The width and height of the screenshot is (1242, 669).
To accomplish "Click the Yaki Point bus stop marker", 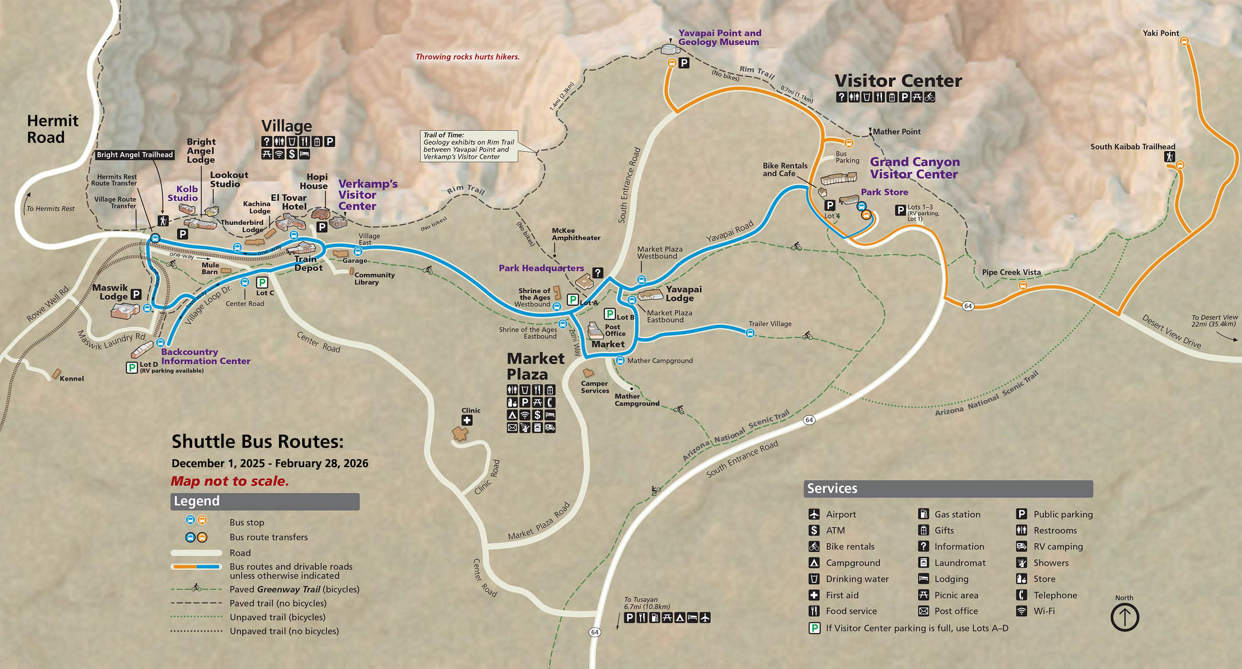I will click(1183, 41).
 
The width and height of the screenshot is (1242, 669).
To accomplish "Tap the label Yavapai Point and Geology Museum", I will click(720, 38).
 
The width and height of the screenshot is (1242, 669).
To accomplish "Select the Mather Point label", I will click(896, 132).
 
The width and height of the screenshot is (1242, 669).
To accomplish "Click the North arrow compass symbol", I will click(1124, 617).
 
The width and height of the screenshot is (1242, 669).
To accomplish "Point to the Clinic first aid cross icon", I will click(467, 420).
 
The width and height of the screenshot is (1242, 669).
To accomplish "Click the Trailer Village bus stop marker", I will click(750, 332).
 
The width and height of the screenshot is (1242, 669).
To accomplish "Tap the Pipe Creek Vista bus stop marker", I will click(1023, 285).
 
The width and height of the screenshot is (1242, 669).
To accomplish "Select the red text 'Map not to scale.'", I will click(229, 481).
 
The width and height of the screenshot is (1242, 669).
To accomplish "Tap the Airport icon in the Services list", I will click(814, 514).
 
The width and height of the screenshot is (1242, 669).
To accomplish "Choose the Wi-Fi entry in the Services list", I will click(1043, 611).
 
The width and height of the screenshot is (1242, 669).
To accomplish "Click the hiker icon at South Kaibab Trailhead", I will click(1169, 156).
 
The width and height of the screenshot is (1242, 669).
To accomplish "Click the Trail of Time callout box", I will click(469, 146).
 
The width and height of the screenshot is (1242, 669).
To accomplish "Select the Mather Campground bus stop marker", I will click(621, 361).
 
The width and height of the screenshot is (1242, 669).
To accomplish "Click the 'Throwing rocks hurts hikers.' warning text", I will click(467, 57).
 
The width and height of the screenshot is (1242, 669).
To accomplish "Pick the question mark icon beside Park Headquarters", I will click(598, 273).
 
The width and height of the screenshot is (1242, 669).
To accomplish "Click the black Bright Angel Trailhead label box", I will click(135, 155).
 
